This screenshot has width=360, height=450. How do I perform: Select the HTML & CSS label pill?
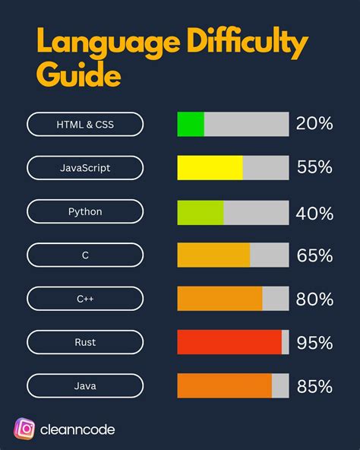[85, 124]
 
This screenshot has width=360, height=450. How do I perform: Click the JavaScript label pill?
[85, 167]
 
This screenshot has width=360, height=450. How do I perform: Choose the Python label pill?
[85, 211]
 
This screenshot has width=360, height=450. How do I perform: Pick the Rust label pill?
[85, 342]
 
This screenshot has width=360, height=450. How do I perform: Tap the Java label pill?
[85, 386]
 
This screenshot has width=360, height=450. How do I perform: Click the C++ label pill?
[85, 299]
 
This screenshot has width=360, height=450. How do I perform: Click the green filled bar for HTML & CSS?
[191, 124]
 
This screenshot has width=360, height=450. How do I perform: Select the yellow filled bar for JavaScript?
[210, 167]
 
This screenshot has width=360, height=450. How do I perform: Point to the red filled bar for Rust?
[229, 342]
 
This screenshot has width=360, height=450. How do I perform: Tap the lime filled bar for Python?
[201, 211]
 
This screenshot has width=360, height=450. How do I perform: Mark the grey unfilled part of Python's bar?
[256, 211]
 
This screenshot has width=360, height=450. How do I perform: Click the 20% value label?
[314, 124]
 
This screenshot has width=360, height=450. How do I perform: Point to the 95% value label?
[314, 342]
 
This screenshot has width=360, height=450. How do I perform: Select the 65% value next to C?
[314, 255]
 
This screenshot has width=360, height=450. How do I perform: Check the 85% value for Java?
[314, 386]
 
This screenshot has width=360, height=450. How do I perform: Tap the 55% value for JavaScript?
[314, 167]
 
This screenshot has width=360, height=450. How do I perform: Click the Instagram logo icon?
[25, 429]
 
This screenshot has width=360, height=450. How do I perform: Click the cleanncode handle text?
[79, 429]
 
